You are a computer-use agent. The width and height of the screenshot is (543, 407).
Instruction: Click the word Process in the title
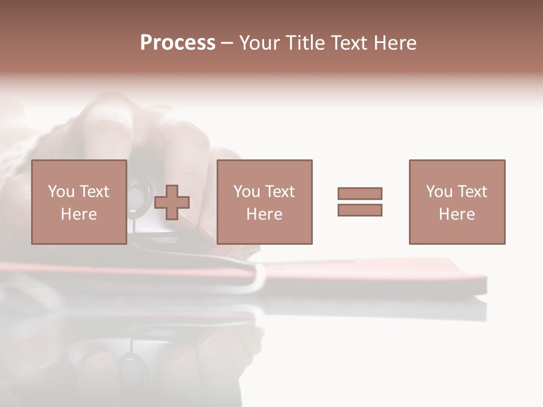(178, 43)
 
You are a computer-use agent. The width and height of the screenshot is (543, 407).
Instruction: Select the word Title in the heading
(306, 43)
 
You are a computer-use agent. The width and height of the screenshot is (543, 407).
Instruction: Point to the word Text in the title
(351, 43)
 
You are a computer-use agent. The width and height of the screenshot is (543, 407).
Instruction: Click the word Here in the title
(395, 43)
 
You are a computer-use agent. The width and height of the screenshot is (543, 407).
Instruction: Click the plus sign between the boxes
(172, 202)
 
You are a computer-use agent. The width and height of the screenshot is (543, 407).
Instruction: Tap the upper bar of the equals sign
(360, 193)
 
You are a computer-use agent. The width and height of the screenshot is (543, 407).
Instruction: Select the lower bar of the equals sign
(360, 210)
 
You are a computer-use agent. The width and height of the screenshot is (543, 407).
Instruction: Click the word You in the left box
(61, 192)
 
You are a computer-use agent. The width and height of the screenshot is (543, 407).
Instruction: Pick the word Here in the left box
(79, 214)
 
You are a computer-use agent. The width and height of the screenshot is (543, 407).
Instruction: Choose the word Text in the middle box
(280, 192)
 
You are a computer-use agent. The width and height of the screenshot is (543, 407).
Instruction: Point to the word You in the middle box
(247, 192)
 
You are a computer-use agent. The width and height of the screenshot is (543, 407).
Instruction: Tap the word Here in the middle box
(264, 214)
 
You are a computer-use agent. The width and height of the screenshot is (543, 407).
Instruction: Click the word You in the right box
(439, 192)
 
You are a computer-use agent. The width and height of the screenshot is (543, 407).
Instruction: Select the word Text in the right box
(472, 192)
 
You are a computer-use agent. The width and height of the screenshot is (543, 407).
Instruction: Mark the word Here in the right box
(456, 214)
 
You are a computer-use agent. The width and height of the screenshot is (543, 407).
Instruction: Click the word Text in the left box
(94, 192)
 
